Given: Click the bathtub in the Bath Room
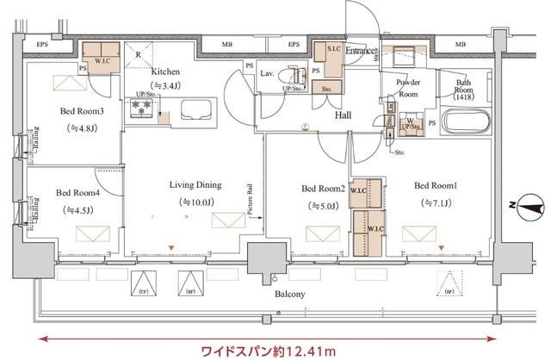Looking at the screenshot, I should click(466, 119).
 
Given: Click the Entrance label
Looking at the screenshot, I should click(361, 52).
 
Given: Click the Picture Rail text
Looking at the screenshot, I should click(248, 200).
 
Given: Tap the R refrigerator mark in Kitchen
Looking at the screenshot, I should click(138, 53).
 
